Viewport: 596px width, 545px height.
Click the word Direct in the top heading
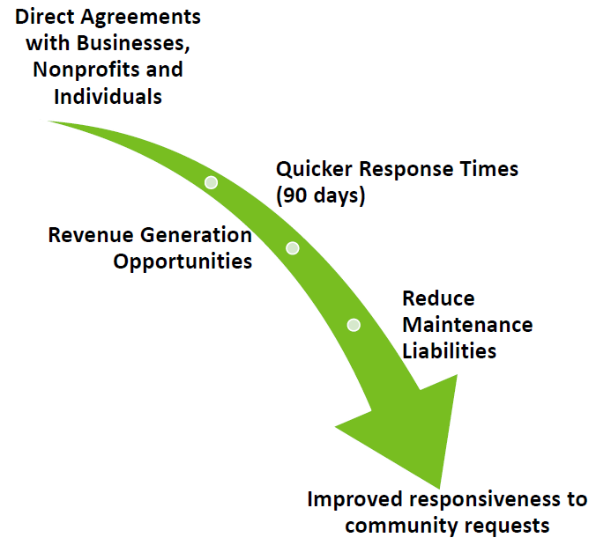(x=44, y=17)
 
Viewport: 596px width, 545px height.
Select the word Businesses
(x=133, y=44)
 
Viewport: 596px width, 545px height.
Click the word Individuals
(x=108, y=96)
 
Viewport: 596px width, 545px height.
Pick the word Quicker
(x=314, y=169)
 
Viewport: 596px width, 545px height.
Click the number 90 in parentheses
(x=295, y=195)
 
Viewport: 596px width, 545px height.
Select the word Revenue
(x=91, y=235)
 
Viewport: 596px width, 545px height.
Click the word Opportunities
(x=183, y=262)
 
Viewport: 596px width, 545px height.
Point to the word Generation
(x=196, y=235)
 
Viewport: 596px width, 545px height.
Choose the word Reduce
(x=439, y=298)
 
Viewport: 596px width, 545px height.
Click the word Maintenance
(x=467, y=325)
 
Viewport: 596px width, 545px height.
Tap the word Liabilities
(x=450, y=350)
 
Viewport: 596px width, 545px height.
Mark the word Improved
(x=355, y=500)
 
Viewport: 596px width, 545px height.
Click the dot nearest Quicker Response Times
(x=211, y=182)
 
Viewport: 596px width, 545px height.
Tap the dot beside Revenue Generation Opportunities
(x=293, y=248)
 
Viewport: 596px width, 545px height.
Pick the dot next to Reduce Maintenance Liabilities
(x=354, y=325)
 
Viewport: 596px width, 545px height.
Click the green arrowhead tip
(x=439, y=488)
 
